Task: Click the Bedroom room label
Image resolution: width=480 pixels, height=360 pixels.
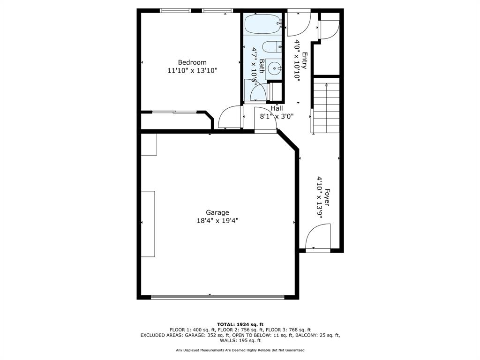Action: point(192,62)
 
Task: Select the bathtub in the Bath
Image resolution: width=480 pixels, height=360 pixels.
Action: point(262,23)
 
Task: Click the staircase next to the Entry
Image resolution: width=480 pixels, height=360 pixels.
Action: point(326,107)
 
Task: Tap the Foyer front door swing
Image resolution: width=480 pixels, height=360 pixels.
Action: point(318,237)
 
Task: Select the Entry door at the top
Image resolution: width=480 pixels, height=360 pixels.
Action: point(298,23)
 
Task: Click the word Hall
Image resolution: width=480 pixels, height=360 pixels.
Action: point(277,108)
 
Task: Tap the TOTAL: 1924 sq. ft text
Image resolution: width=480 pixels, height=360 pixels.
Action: point(240,324)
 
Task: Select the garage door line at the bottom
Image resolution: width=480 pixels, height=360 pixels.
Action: point(217,297)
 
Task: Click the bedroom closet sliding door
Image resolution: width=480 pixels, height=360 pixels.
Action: point(174,112)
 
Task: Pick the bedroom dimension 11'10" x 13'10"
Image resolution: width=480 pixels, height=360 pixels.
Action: point(192,71)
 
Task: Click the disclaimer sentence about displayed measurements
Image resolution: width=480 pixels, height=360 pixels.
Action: point(240,350)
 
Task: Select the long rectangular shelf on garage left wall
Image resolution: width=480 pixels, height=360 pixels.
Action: point(148,224)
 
